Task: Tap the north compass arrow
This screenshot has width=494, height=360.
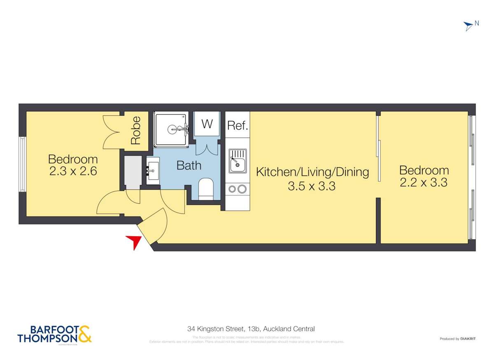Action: [468, 26]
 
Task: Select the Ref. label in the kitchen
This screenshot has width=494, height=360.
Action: [238, 125]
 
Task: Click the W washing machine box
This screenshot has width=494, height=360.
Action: [207, 124]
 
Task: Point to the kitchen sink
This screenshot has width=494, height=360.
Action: [238, 161]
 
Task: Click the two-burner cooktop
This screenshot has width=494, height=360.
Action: [238, 189]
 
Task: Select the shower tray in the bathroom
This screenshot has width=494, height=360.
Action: [172, 129]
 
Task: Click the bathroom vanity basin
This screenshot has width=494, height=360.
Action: [153, 168]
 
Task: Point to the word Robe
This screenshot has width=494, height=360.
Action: [135, 130]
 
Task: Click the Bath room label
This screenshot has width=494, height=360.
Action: [189, 165]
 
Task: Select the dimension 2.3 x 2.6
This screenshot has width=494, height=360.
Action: [73, 171]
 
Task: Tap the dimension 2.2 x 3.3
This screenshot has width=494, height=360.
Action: [424, 182]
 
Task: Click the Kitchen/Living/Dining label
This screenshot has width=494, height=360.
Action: [312, 172]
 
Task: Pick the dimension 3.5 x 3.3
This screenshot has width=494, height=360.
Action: [312, 186]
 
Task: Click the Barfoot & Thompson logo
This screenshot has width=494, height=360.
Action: [54, 334]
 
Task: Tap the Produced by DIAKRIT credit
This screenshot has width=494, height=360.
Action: [457, 339]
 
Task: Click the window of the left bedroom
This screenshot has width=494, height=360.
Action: [23, 164]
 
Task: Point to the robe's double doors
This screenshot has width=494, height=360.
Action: [111, 132]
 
